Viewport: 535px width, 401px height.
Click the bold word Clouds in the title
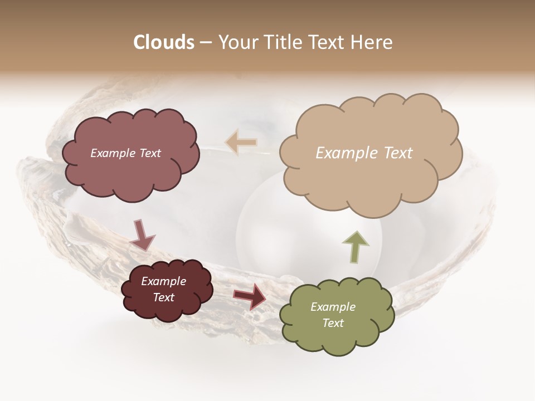point(164,42)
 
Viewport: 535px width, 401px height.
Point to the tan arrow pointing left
point(241,143)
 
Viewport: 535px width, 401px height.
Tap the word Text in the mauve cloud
point(150,153)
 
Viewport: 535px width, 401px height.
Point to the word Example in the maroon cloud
point(163,281)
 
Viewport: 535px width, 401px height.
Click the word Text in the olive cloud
point(333,323)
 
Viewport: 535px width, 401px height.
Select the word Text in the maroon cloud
point(163,297)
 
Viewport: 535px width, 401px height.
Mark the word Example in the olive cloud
point(333,307)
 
